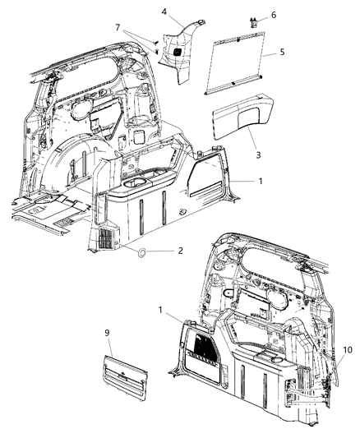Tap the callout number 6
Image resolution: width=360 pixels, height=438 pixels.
[x=274, y=15]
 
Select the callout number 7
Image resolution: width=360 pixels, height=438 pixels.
[x=120, y=29]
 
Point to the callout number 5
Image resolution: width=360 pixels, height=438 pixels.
[x=283, y=52]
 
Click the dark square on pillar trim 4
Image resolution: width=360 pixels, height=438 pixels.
[x=175, y=52]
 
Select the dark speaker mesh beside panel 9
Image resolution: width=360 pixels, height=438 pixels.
[x=202, y=349]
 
